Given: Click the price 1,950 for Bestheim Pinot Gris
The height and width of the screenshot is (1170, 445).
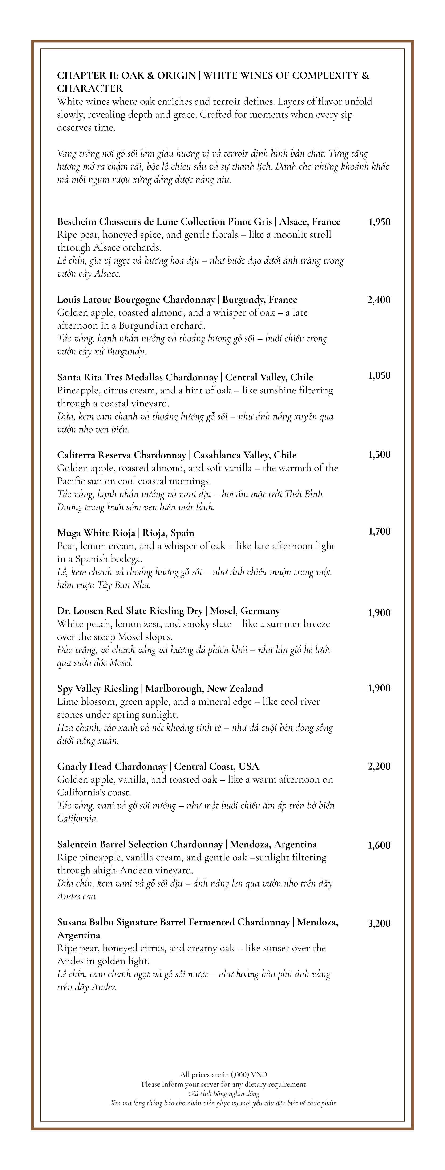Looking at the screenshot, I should point(379,222).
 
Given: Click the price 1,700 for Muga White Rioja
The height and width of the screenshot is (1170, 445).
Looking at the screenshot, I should point(379,531).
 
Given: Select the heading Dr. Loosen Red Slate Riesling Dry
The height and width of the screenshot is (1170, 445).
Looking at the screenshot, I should point(130,611).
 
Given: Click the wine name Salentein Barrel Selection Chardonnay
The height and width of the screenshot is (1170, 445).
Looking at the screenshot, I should point(140,844).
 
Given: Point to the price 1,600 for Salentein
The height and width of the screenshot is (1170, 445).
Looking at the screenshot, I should point(379,845).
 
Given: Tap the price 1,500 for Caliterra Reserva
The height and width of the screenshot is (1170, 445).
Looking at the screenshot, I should point(379,455).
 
